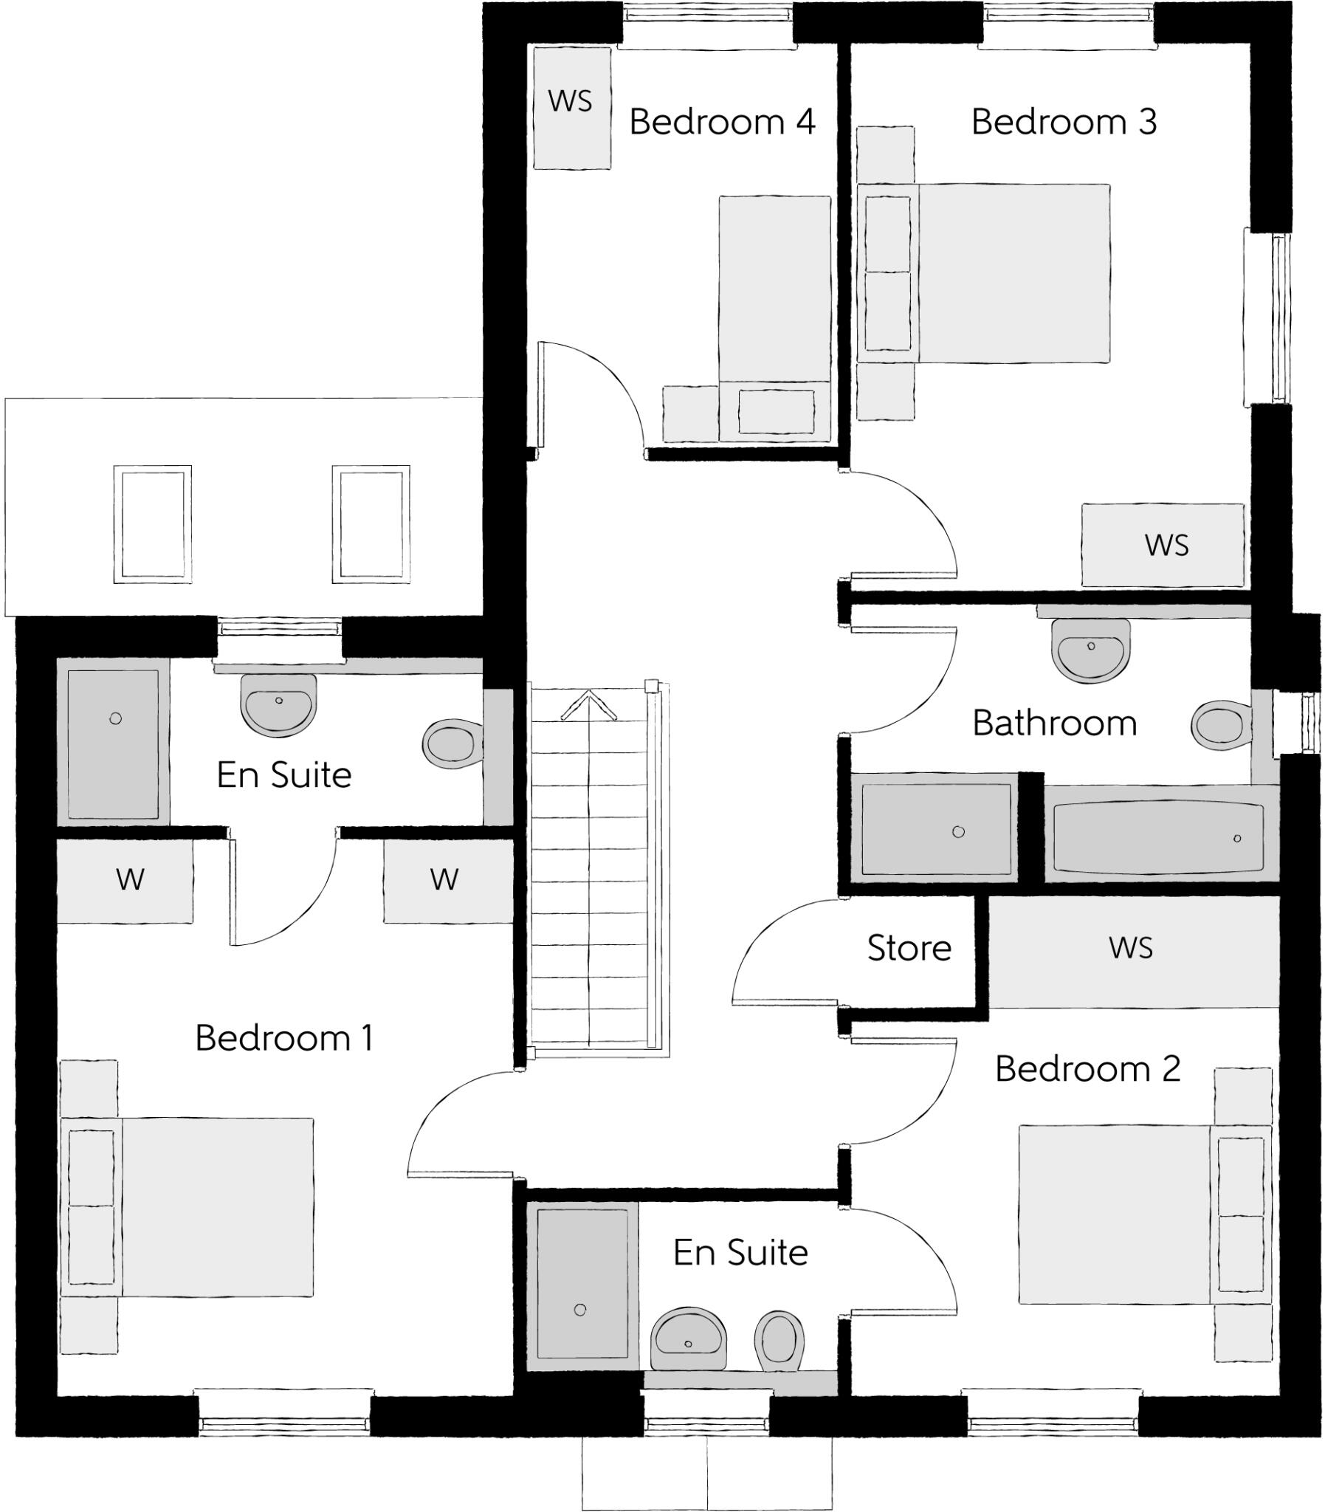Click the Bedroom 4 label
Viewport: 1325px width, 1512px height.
722,122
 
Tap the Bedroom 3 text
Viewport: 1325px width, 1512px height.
1063,122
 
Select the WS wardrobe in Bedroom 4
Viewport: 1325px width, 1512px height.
571,108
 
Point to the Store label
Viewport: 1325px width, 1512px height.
909,948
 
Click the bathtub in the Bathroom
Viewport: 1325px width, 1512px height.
1158,838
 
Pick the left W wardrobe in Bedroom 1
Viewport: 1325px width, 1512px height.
125,881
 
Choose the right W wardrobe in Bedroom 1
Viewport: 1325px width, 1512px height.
447,881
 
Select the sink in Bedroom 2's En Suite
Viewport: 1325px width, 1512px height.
688,1338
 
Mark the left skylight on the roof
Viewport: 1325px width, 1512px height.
152,524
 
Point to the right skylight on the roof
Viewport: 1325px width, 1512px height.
371,524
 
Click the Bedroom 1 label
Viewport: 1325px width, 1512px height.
284,1038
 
